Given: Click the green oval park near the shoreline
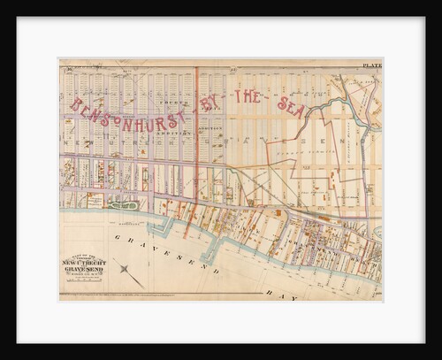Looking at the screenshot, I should [120, 203].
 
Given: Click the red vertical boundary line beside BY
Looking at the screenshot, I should [196, 115].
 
